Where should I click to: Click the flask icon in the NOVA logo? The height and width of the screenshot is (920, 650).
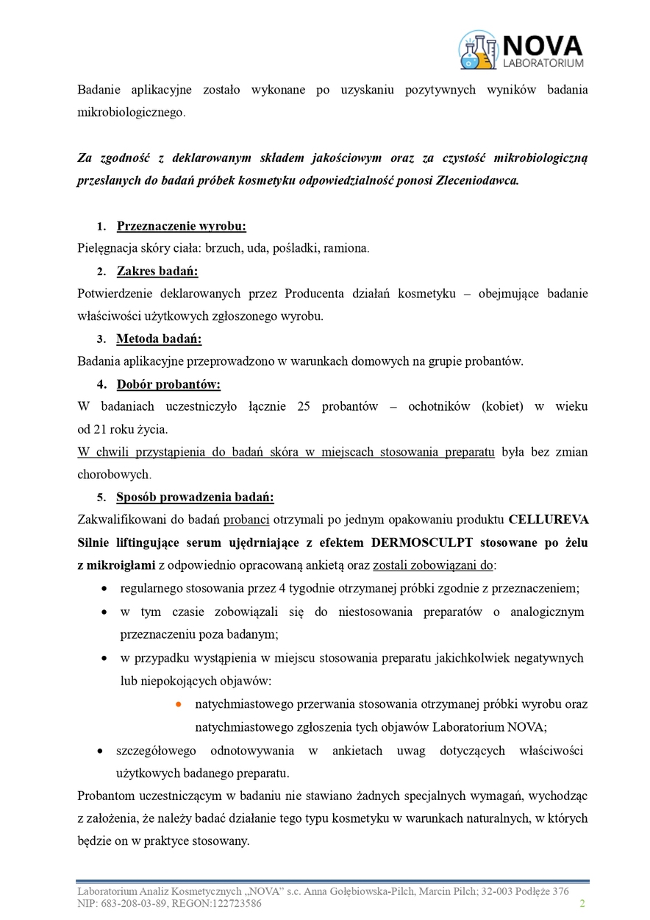tap(478, 49)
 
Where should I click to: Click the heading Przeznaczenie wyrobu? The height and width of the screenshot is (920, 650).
tap(181, 226)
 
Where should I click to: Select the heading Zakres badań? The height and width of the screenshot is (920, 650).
tap(157, 272)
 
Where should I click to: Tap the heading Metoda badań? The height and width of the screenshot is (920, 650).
tap(159, 339)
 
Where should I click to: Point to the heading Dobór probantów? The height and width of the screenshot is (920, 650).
tap(168, 384)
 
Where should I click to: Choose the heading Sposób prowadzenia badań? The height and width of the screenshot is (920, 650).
tap(195, 497)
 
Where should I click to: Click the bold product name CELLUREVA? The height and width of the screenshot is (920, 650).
tap(549, 520)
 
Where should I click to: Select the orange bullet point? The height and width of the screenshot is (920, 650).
tap(178, 704)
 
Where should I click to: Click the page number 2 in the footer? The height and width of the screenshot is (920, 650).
tap(582, 903)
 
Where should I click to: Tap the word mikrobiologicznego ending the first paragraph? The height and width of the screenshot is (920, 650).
tap(130, 113)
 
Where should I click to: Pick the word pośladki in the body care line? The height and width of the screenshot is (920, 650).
tap(296, 248)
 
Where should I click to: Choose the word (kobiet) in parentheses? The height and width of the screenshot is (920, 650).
tap(501, 407)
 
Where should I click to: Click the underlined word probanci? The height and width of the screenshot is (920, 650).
tap(246, 520)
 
